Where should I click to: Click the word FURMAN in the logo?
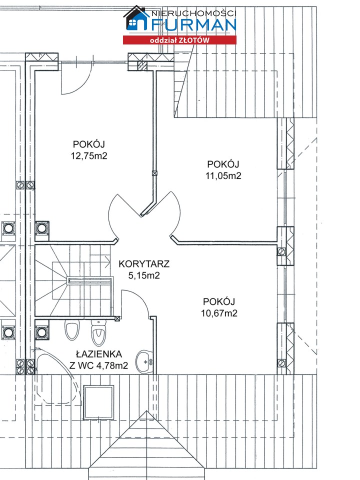194,25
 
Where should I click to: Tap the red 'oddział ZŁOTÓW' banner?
179,40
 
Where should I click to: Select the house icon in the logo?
136,18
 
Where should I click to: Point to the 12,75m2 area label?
89,156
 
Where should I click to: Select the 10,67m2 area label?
219,313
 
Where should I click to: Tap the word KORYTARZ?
144,263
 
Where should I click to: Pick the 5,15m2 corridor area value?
144,275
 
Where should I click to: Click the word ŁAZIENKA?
99,354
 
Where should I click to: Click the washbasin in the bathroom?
144,362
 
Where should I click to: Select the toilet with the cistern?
98,332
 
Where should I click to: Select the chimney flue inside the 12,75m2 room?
42,228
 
